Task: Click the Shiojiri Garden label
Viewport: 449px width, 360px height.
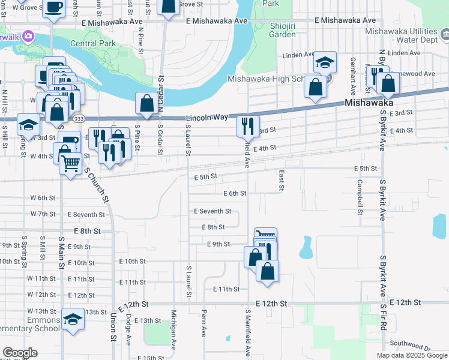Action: [274, 29]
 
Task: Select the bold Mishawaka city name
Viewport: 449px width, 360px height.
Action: [369, 103]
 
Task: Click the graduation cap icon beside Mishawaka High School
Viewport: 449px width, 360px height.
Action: [325, 62]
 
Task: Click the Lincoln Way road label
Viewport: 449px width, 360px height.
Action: [208, 118]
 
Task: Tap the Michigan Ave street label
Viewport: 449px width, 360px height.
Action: [173, 329]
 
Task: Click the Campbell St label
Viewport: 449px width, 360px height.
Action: [360, 197]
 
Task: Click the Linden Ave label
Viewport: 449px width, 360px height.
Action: [299, 55]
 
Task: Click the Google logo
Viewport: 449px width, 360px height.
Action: [20, 353]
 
